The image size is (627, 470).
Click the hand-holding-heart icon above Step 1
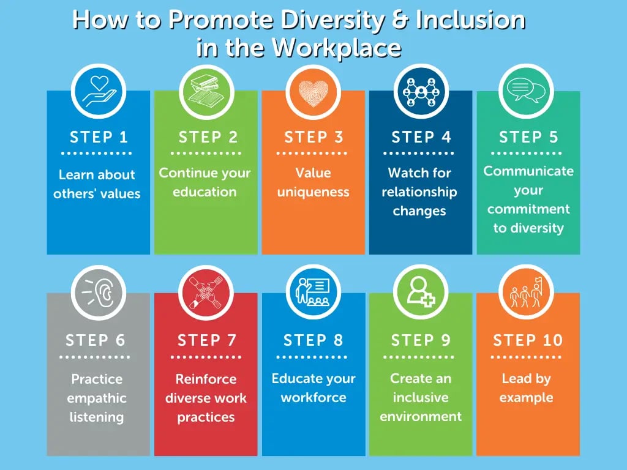point(98,91)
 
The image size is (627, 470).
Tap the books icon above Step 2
point(205,91)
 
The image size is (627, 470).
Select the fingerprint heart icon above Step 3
point(313,91)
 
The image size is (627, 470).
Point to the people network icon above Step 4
point(421,91)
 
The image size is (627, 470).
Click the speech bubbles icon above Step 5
point(527,91)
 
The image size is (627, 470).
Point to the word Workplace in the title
point(336,48)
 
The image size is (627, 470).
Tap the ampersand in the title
point(402,20)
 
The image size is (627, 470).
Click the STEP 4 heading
point(421,137)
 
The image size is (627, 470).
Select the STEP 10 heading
point(528,340)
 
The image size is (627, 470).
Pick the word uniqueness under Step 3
point(313,192)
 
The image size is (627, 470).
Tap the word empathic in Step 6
point(97,398)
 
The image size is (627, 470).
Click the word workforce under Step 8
point(313,398)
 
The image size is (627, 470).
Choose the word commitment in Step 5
point(528,209)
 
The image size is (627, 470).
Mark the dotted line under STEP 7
point(205,356)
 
